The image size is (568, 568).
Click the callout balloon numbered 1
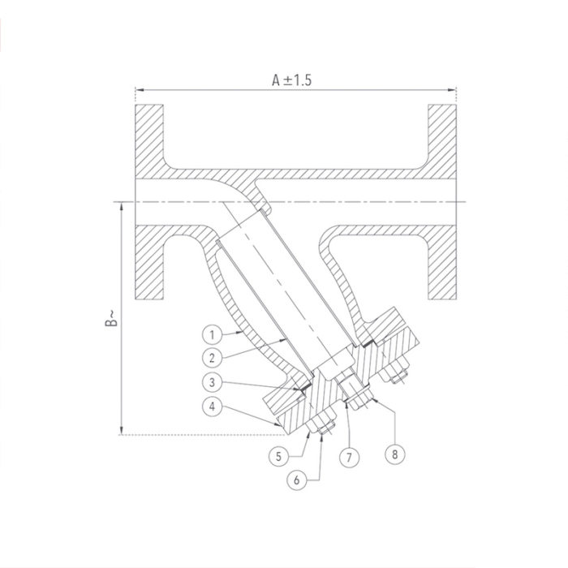coord(210,333)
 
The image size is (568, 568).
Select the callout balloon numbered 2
coord(210,355)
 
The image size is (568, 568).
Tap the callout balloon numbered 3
coord(210,381)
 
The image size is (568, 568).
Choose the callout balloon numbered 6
coord(298,480)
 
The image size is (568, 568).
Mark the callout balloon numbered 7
coord(348,455)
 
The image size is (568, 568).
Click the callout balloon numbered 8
coord(395,454)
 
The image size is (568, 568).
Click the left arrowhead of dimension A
coord(139,89)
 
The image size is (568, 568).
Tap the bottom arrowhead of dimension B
coord(121,431)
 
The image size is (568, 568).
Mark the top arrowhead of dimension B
coord(121,205)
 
